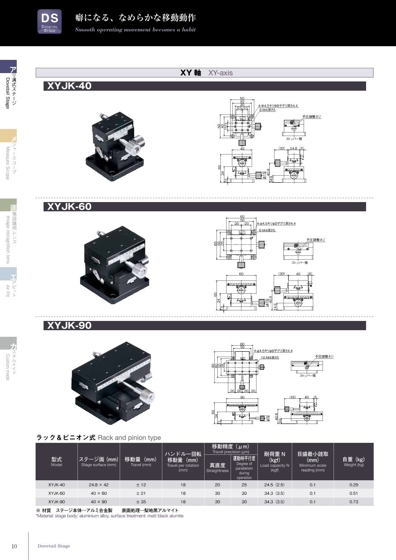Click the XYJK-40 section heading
[x=70, y=86]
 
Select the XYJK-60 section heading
[x=70, y=206]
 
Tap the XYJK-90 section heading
[x=70, y=326]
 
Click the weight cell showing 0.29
[x=353, y=484]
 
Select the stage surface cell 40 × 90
[x=99, y=501]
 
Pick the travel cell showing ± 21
[x=141, y=493]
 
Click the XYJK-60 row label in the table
[x=56, y=493]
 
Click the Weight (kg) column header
[x=353, y=461]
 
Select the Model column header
[x=56, y=461]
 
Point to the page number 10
[x=14, y=546]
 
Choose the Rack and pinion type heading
[x=98, y=438]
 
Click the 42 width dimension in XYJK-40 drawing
[x=242, y=149]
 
